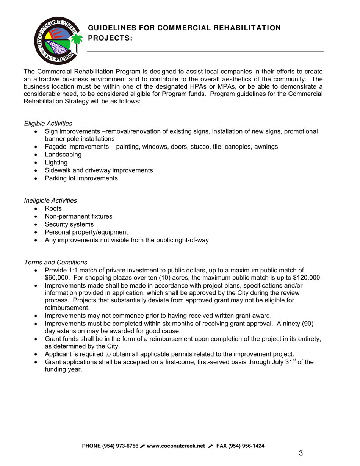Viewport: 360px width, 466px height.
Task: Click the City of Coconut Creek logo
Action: (57, 42)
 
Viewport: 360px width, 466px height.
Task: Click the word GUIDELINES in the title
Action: (111, 28)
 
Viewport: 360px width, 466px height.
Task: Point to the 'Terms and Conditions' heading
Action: (55, 262)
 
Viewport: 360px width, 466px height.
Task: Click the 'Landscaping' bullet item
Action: (63, 155)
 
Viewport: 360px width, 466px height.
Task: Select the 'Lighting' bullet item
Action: (56, 163)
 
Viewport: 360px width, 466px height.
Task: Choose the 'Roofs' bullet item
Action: (53, 208)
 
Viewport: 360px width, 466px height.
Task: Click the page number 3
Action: (301, 453)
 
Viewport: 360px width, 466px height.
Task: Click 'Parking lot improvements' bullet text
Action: (81, 178)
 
